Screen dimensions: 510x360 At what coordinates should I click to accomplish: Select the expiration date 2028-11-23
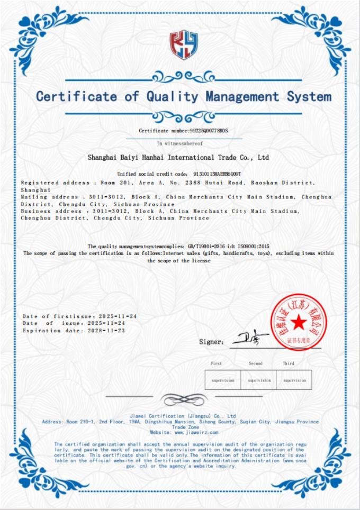[x=106, y=330]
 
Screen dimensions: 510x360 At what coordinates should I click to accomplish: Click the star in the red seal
[x=298, y=321]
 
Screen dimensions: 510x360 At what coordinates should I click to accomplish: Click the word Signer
[x=211, y=342]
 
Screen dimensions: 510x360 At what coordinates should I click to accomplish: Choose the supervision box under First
[x=222, y=380]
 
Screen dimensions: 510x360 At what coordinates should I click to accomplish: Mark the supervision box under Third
[x=294, y=380]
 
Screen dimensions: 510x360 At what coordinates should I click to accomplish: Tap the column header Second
[x=256, y=363]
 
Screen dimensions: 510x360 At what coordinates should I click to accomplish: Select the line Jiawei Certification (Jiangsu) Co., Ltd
[x=182, y=416]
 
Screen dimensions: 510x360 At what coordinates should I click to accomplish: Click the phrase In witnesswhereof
[x=179, y=143]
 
